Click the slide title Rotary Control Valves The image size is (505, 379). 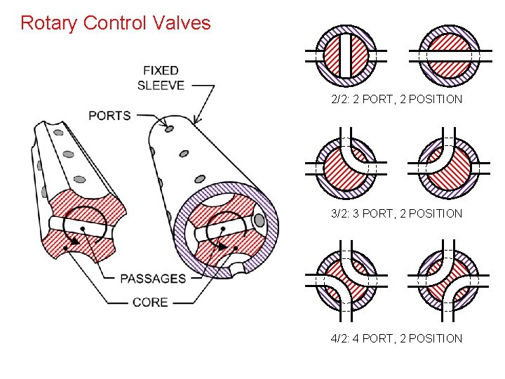click(x=116, y=23)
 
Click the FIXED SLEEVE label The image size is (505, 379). click(x=161, y=78)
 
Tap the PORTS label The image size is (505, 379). click(x=109, y=115)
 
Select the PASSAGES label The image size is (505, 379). click(x=153, y=279)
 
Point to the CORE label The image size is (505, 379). click(x=150, y=302)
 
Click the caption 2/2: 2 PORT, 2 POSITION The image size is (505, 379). click(x=396, y=99)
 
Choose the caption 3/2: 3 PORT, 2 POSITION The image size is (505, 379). click(x=396, y=213)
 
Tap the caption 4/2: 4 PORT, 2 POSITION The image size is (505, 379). click(x=396, y=338)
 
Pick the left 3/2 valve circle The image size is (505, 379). click(x=344, y=166)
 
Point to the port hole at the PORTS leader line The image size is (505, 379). click(x=169, y=128)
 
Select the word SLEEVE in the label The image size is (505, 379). click(x=161, y=86)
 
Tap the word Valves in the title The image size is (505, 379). click(x=183, y=23)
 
